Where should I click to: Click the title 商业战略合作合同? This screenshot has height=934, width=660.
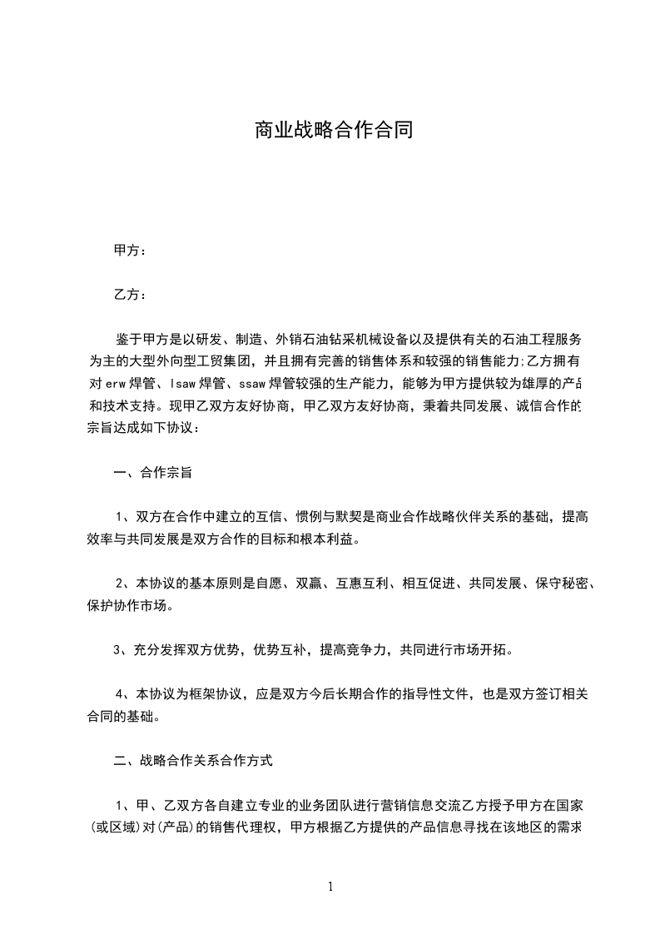[333, 131]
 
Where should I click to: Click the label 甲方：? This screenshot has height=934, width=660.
[130, 250]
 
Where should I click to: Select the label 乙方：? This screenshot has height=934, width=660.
[130, 295]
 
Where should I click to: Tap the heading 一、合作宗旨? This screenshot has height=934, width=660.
[152, 473]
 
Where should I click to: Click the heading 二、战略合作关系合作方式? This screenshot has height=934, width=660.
[192, 760]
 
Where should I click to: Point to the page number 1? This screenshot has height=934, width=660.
[330, 887]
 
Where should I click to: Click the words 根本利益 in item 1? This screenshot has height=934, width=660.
[327, 539]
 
